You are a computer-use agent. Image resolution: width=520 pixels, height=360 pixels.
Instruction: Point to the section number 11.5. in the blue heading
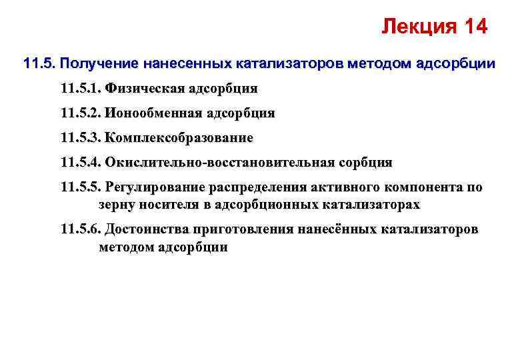tap(38, 65)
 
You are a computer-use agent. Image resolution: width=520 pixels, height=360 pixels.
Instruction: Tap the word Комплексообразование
tap(179, 138)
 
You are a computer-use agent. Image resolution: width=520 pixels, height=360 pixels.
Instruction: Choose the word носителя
tap(169, 204)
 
